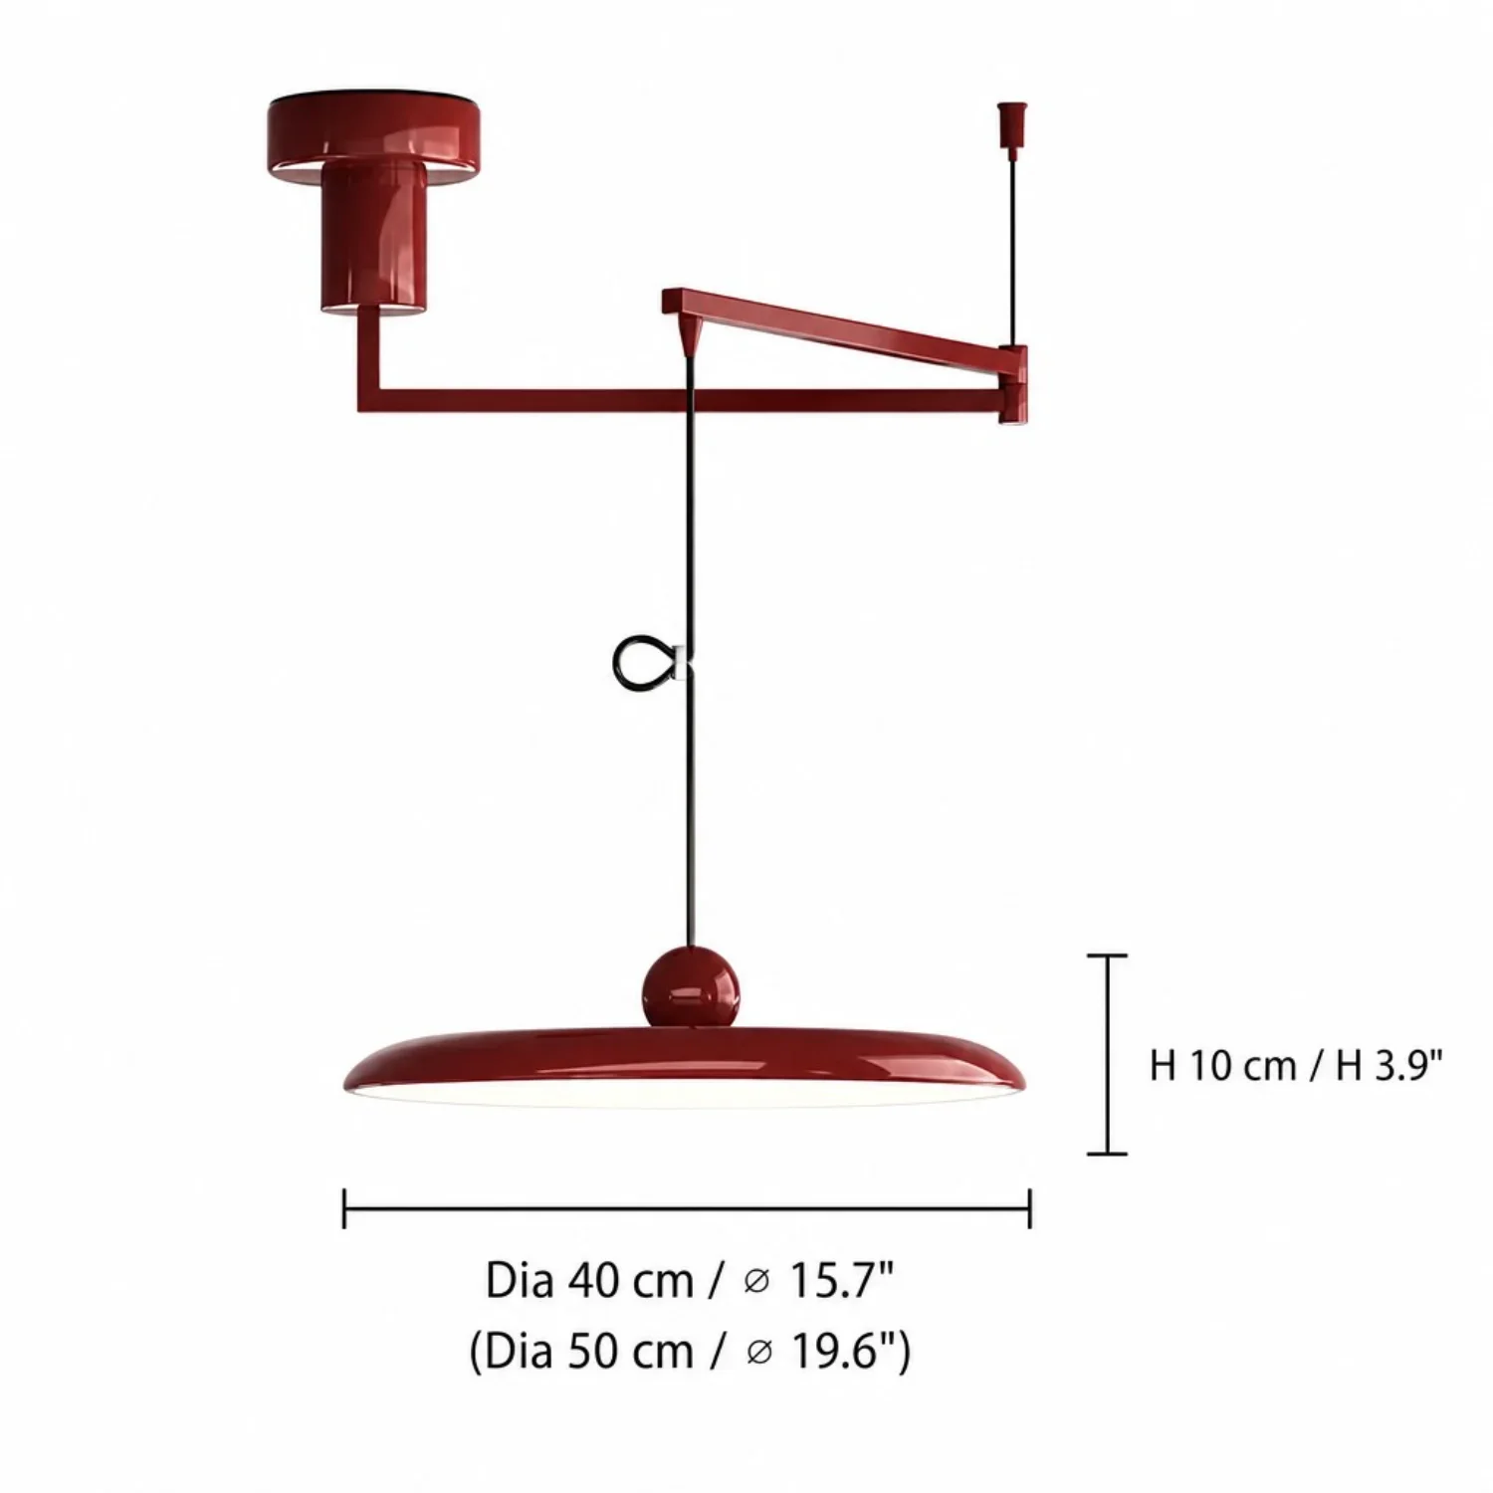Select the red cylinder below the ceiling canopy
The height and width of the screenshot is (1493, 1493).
coord(373,239)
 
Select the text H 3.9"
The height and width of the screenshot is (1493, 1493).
coord(1389,1066)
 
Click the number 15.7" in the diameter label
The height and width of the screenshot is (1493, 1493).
coord(841,1281)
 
